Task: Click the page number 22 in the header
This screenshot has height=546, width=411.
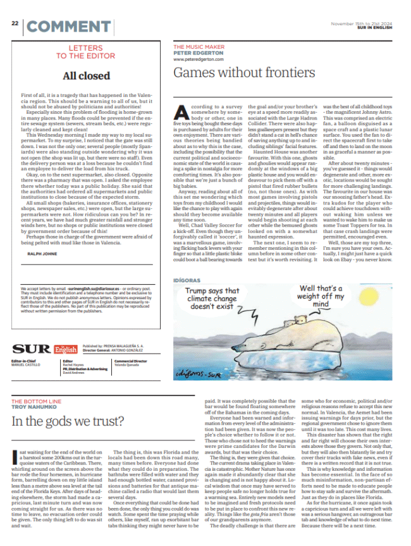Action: pos(15,24)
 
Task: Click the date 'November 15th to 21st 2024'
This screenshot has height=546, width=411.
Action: pos(357,23)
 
